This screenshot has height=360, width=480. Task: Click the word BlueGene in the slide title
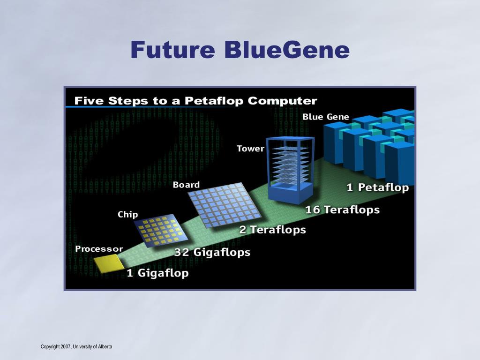[x=286, y=50]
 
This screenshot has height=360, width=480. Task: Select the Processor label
[x=99, y=249]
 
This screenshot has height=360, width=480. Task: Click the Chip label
[x=127, y=215]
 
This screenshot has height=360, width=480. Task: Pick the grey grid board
[x=225, y=204]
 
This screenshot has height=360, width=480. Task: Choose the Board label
[x=186, y=185]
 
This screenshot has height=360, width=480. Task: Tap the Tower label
[x=250, y=149]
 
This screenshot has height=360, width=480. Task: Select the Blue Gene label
[x=326, y=117]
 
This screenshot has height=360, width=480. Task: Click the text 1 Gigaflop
[x=157, y=273]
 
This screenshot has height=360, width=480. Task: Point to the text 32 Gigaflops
[x=212, y=252]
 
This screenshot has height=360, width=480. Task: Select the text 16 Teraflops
[x=342, y=210]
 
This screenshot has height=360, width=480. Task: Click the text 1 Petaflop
[x=377, y=187]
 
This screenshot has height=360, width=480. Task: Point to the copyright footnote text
[x=76, y=346]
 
